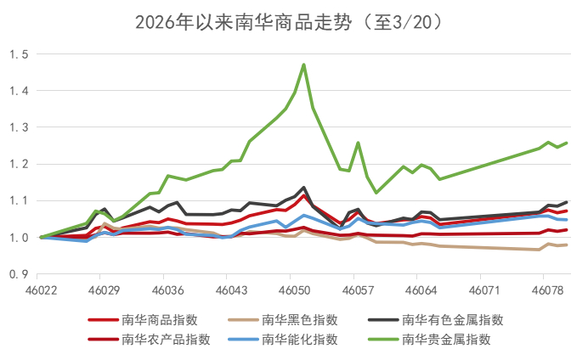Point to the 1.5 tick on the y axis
(19, 54)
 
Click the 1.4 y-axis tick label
(19, 91)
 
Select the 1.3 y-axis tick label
(19, 127)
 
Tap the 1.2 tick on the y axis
(19, 164)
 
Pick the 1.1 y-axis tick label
(19, 200)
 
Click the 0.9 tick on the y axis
(19, 274)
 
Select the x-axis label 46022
(42, 290)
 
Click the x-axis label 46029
(101, 290)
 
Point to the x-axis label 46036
(164, 290)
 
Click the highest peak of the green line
(303, 65)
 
